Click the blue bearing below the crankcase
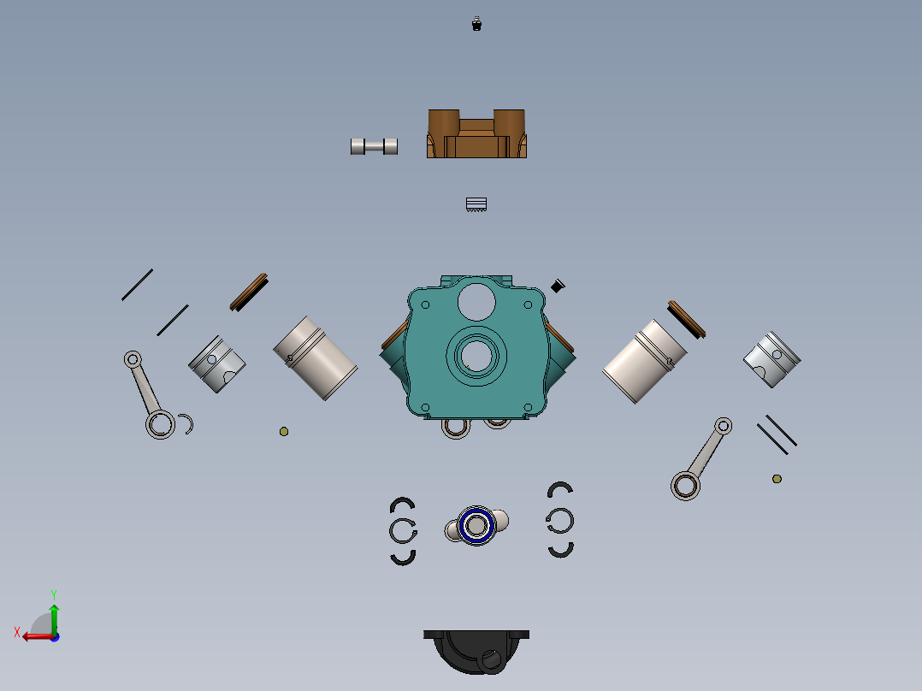coord(476,526)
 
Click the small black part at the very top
coord(477,24)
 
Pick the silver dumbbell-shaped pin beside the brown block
coord(374,146)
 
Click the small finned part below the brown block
coord(476,204)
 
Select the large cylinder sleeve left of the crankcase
coord(316,357)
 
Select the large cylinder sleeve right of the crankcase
coord(644,362)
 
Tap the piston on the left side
coord(216,364)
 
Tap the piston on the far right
coord(771,359)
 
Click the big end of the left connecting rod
coord(160,425)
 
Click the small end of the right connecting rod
coord(723,425)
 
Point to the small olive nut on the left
coord(284,432)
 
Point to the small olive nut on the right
coord(777,479)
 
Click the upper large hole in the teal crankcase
coord(476,301)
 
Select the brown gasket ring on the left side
coord(250,292)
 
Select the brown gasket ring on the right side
coord(687,318)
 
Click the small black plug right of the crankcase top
coord(558,286)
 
